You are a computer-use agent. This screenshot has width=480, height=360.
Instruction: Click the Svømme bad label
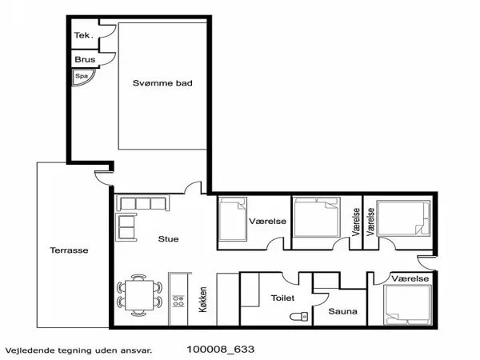click(x=162, y=83)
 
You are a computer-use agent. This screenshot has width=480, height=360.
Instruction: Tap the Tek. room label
click(x=82, y=35)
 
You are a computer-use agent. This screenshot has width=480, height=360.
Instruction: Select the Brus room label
click(x=85, y=59)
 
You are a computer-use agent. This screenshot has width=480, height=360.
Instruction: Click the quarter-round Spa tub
click(x=82, y=77)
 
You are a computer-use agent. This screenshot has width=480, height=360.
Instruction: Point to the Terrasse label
click(x=69, y=250)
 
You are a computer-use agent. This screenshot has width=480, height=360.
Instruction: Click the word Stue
click(x=168, y=238)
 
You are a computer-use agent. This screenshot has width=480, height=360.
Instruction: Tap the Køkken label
click(x=202, y=299)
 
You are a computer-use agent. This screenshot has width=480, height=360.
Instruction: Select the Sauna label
click(x=343, y=311)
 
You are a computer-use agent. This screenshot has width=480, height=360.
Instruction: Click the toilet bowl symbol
click(x=298, y=317)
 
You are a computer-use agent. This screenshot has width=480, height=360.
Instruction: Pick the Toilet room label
click(x=283, y=298)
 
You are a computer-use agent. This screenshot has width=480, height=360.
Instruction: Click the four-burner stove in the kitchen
click(x=178, y=301)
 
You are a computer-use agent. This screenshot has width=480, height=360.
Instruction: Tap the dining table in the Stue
click(x=139, y=295)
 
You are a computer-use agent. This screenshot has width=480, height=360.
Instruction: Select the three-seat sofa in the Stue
click(x=142, y=203)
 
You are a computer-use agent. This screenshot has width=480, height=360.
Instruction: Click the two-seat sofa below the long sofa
click(x=126, y=227)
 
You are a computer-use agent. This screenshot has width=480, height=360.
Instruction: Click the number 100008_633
click(x=221, y=350)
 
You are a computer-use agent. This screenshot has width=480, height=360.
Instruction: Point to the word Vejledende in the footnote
click(x=26, y=350)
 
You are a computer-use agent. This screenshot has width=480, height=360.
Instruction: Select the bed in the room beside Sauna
click(x=407, y=305)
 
